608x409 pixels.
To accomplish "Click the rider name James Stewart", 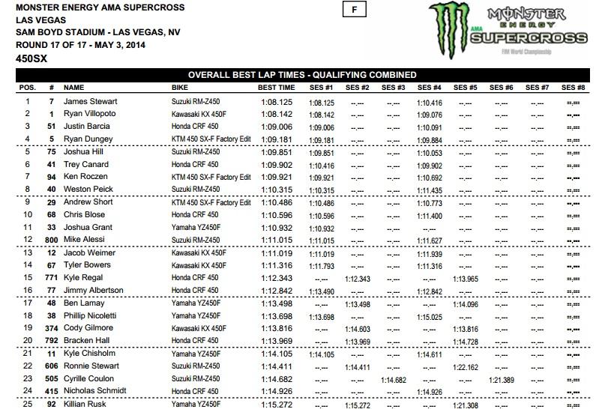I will tap(88, 101).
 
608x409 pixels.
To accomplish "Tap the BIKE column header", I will tap(180, 88).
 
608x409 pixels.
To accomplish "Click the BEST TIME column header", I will tap(270, 88).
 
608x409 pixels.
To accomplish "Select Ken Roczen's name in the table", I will tap(84, 177).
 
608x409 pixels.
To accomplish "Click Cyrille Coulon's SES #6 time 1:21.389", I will tap(502, 380).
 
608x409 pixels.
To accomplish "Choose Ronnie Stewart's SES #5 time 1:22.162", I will tap(466, 367).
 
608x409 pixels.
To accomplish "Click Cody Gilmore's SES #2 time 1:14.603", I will tap(357, 329).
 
